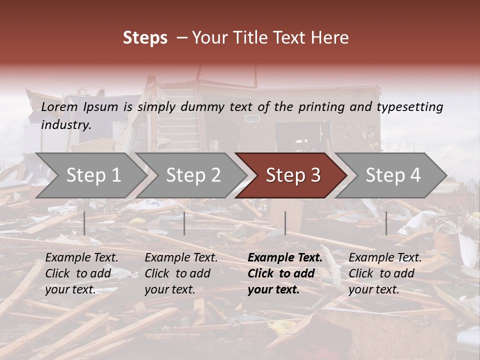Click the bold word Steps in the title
coord(145,38)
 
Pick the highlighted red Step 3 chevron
coord(293,175)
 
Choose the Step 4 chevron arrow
coord(393,175)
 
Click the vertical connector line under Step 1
coord(84,223)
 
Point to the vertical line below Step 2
coord(184,223)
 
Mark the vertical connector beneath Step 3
coord(285,223)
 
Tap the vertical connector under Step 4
coord(386,223)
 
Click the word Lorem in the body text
coord(59,107)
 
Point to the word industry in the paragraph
coord(65,124)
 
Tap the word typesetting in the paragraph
coord(409,107)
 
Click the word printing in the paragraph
coord(317,107)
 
